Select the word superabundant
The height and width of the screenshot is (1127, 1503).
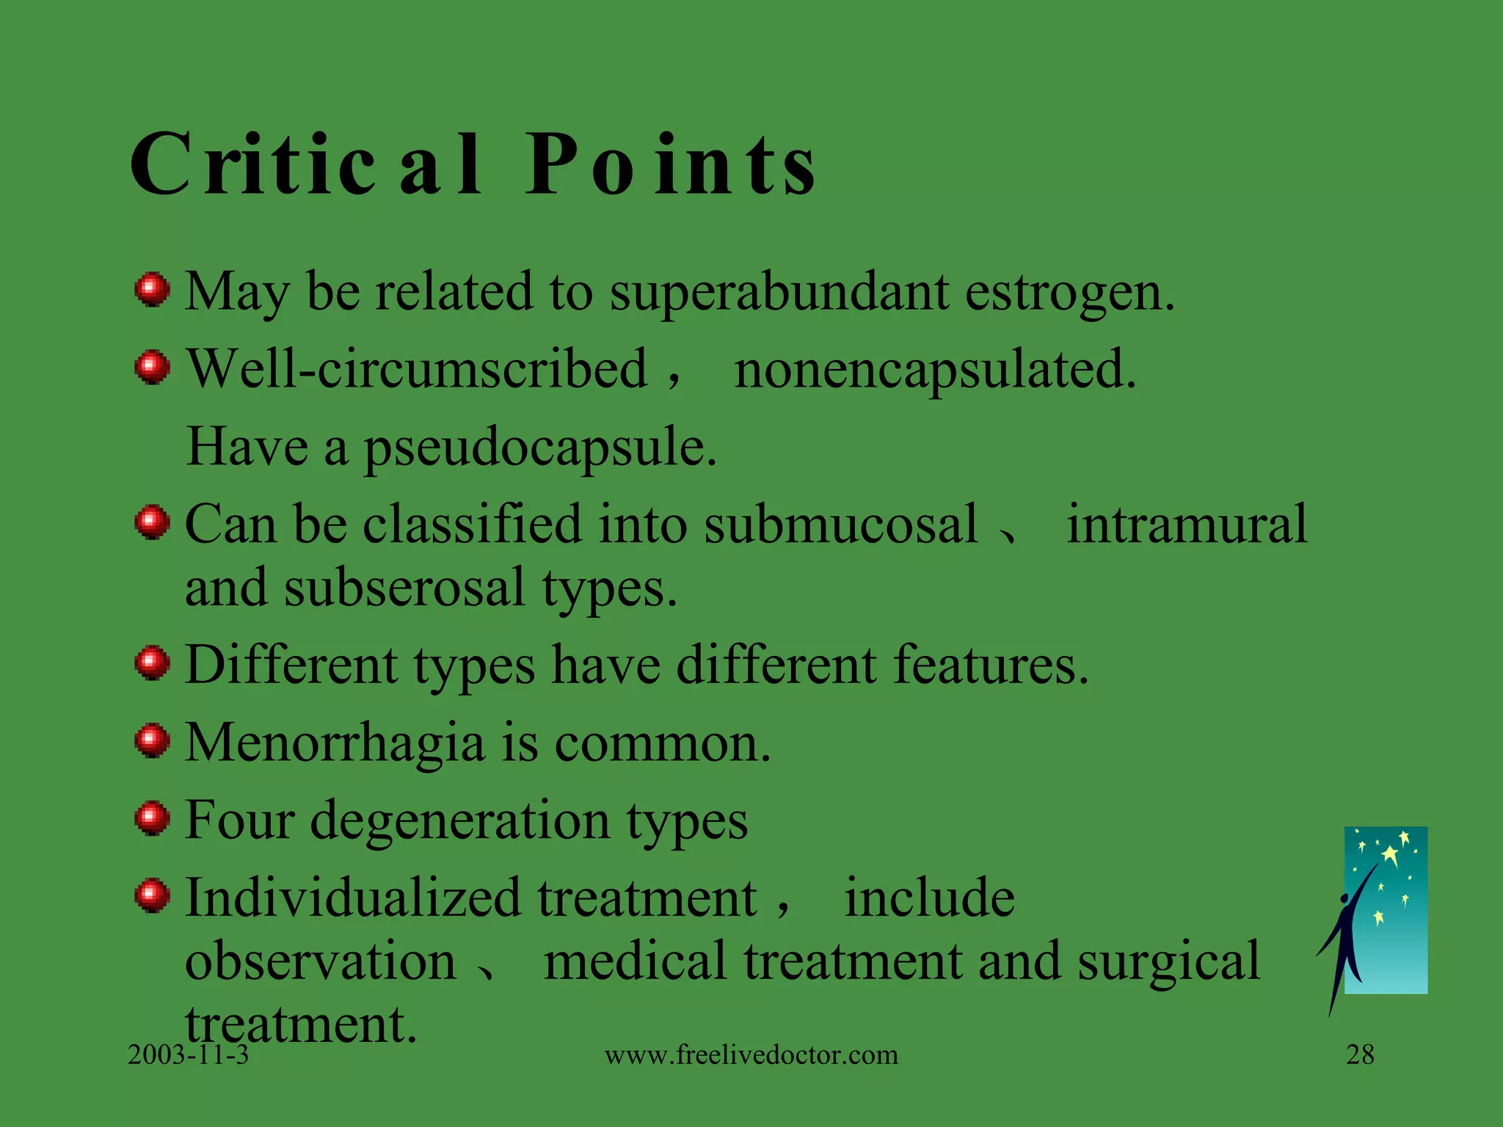pos(779,292)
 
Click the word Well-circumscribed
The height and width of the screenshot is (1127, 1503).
pos(417,369)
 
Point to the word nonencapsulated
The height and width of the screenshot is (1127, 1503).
pos(935,369)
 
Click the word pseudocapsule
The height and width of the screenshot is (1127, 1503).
pos(539,448)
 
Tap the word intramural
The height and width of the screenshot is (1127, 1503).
pos(1187,525)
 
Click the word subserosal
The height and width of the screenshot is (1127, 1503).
pos(404,588)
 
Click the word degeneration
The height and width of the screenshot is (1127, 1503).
pos(460,820)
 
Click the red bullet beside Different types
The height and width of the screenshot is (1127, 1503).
pos(153,663)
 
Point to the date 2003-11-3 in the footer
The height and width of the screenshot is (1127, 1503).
pos(188,1055)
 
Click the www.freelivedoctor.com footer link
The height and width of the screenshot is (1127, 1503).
pos(751,1055)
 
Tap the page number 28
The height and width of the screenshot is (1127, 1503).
pos(1360,1055)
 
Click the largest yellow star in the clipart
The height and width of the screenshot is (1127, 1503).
pos(1390,856)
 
